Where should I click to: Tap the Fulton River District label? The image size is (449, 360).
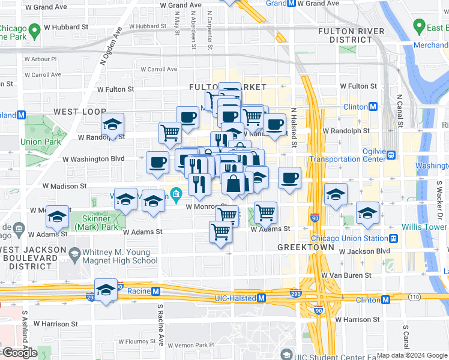tap(351, 35)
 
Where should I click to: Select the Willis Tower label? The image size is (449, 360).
tap(426, 227)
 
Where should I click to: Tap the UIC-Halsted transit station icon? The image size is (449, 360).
tap(262, 298)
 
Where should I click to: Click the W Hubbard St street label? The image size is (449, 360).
tap(66, 27)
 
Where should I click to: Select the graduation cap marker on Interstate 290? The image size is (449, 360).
tap(106, 291)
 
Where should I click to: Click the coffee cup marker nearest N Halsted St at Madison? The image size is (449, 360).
tap(289, 178)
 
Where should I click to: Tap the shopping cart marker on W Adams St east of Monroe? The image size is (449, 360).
tap(265, 212)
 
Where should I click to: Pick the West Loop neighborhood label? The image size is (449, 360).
tap(79, 112)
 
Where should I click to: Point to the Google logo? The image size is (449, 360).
tap(19, 353)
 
